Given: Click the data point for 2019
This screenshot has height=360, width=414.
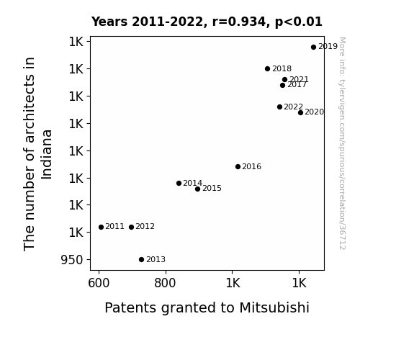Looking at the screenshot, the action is pyautogui.click(x=313, y=48).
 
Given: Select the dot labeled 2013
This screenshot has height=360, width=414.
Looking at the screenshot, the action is pyautogui.click(x=142, y=260).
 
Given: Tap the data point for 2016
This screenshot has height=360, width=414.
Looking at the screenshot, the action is pyautogui.click(x=238, y=166).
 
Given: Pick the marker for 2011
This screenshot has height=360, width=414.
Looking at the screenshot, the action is pyautogui.click(x=101, y=227).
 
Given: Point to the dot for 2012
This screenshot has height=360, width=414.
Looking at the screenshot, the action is pyautogui.click(x=132, y=227).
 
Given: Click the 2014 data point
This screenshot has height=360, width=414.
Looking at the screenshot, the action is pyautogui.click(x=179, y=184).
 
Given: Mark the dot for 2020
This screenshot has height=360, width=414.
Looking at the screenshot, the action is pyautogui.click(x=300, y=113).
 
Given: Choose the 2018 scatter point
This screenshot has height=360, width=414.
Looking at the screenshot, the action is pyautogui.click(x=267, y=68).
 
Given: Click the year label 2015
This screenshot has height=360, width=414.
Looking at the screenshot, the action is pyautogui.click(x=212, y=189).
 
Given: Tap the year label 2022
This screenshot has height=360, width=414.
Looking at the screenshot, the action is pyautogui.click(x=293, y=107).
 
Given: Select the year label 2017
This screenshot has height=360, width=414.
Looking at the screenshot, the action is pyautogui.click(x=297, y=85).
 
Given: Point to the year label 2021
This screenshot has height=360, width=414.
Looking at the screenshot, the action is pyautogui.click(x=299, y=79).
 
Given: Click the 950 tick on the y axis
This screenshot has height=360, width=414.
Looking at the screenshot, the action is pyautogui.click(x=72, y=260).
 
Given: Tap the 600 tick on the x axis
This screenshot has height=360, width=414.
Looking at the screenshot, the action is pyautogui.click(x=99, y=283).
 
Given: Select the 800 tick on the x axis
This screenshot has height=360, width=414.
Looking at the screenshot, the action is pyautogui.click(x=165, y=283).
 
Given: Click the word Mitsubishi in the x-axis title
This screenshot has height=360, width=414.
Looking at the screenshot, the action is pyautogui.click(x=274, y=307).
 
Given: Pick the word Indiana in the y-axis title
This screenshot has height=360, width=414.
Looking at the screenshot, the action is pyautogui.click(x=47, y=155).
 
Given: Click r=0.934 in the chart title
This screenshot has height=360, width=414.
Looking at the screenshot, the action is pyautogui.click(x=239, y=22).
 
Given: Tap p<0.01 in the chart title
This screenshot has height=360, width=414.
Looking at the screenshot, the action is pyautogui.click(x=299, y=22).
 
